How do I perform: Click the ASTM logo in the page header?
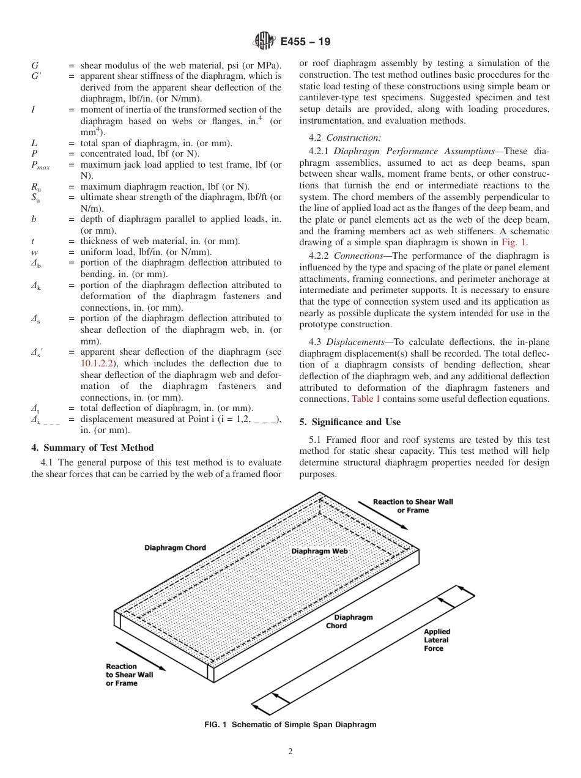265,42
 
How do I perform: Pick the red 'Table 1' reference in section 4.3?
366,399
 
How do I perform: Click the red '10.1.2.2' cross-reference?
102,363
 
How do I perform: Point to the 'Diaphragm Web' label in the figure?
319,551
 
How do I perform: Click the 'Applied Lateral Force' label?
437,640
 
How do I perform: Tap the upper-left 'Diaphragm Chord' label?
175,547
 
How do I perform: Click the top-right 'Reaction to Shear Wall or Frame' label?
413,506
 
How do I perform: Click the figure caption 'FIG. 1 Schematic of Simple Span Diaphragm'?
290,725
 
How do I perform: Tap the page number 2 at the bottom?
290,752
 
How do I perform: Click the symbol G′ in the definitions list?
36,76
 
